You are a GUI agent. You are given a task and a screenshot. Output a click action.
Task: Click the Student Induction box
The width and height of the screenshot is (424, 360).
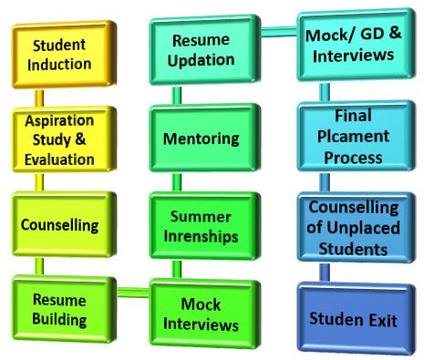click(60, 54)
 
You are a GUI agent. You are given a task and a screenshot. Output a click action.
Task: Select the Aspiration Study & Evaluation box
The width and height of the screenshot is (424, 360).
click(60, 139)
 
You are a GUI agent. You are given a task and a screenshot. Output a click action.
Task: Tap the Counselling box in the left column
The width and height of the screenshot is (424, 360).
click(60, 223)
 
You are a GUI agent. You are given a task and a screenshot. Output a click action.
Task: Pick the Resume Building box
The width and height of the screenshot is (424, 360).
click(60, 311)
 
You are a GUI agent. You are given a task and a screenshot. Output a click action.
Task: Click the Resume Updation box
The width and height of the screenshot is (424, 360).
click(201, 50)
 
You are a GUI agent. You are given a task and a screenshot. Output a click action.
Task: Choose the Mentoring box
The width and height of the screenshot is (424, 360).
click(201, 139)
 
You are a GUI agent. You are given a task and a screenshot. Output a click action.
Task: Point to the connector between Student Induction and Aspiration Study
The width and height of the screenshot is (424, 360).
click(41, 97)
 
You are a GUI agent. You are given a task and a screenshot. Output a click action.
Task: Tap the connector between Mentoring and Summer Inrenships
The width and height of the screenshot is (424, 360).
click(176, 183)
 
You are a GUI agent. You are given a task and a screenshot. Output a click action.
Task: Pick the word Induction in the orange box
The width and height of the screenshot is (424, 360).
click(60, 64)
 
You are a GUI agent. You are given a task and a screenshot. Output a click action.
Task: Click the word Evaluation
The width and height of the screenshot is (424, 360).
click(60, 159)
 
